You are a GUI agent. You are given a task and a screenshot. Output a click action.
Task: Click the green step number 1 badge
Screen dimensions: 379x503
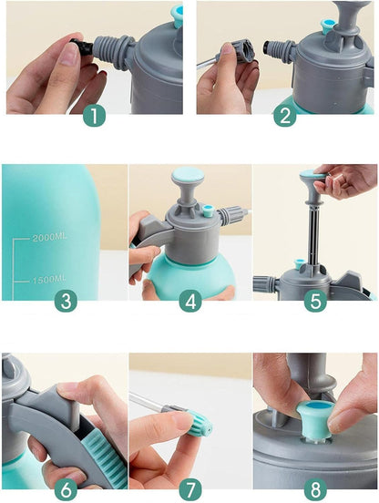(x=94, y=116)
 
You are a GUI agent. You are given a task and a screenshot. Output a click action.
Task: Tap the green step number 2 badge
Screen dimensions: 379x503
(x=285, y=116)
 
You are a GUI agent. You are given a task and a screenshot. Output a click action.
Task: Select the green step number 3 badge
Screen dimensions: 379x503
(x=66, y=302)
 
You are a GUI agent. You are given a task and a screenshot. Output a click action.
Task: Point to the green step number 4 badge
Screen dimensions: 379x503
(x=190, y=302)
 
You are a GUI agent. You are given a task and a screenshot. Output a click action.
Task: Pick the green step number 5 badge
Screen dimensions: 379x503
(x=315, y=302)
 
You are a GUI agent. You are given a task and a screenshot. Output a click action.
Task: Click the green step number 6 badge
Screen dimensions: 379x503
(x=66, y=490)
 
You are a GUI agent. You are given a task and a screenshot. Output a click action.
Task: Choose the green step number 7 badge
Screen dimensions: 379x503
(x=190, y=490)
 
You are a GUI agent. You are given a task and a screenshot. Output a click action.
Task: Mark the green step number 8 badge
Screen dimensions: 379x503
(x=315, y=490)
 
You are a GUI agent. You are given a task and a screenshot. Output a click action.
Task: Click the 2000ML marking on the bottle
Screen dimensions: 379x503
(x=49, y=238)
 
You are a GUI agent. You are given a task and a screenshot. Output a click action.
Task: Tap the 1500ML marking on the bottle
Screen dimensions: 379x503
(x=49, y=280)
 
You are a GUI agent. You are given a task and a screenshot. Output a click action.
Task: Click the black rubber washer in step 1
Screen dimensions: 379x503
(x=82, y=47)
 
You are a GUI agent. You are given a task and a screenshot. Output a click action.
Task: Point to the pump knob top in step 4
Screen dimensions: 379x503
(x=188, y=175)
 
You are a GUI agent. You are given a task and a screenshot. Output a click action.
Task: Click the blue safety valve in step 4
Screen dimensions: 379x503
(x=209, y=211)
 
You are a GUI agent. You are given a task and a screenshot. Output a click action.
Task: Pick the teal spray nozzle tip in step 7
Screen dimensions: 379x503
(x=200, y=423)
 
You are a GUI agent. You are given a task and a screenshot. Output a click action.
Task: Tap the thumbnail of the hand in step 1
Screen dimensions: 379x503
(x=70, y=54)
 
